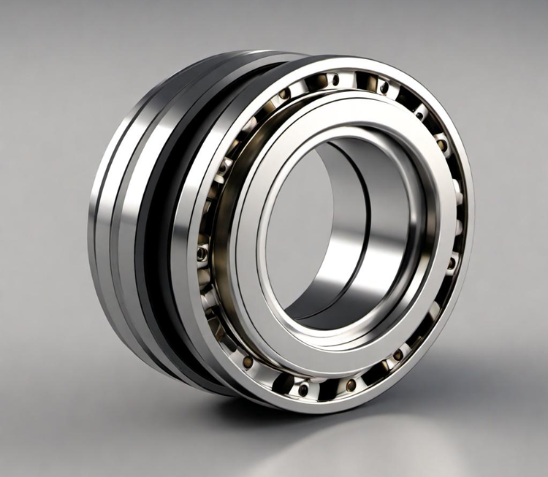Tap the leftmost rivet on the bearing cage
[x=202, y=253]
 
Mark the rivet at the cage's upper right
[x=421, y=115]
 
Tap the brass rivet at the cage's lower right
[x=397, y=356]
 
